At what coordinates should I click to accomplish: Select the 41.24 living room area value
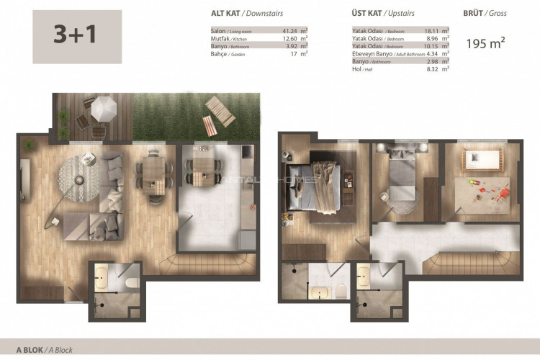(291, 32)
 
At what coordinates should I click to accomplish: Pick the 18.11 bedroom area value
(432, 32)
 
